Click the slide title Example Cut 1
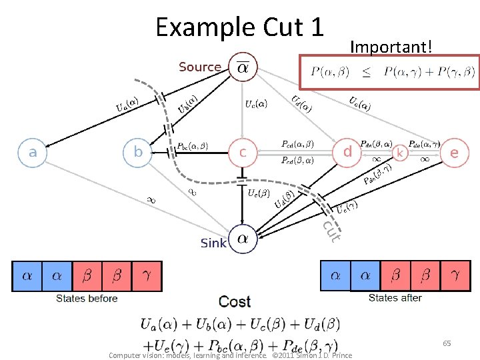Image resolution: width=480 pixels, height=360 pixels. [x=239, y=27]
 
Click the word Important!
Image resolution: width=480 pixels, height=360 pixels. [x=391, y=47]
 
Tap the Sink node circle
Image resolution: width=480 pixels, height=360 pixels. [x=243, y=241]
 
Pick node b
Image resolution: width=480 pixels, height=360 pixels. [x=138, y=152]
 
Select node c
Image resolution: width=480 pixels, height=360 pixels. [x=243, y=152]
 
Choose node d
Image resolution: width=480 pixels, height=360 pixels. [x=347, y=152]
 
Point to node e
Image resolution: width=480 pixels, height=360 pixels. [x=454, y=152]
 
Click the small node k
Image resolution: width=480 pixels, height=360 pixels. [x=400, y=153]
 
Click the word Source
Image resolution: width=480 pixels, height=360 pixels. [x=199, y=67]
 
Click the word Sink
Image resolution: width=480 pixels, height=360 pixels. [x=213, y=243]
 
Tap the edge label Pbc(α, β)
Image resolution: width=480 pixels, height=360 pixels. [x=193, y=145]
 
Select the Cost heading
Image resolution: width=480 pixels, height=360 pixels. [x=235, y=302]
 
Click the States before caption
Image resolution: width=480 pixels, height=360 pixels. [x=87, y=299]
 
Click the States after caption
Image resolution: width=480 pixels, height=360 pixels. [x=395, y=298]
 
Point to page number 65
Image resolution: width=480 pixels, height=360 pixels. [x=447, y=343]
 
